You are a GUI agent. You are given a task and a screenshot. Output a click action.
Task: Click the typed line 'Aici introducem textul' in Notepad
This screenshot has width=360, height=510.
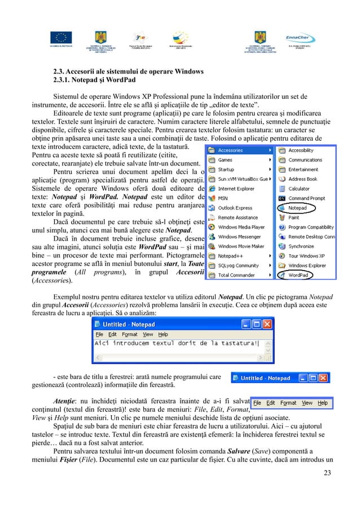(x=175, y=344)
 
